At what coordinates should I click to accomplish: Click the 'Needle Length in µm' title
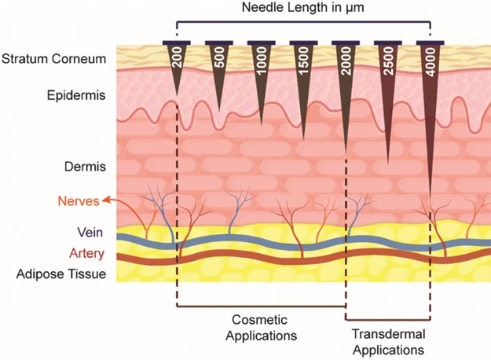click(303, 10)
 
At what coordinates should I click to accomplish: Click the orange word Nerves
click(78, 201)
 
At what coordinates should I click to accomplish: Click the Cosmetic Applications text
click(260, 328)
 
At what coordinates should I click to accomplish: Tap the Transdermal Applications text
click(386, 341)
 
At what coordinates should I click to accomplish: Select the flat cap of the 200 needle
click(176, 42)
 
